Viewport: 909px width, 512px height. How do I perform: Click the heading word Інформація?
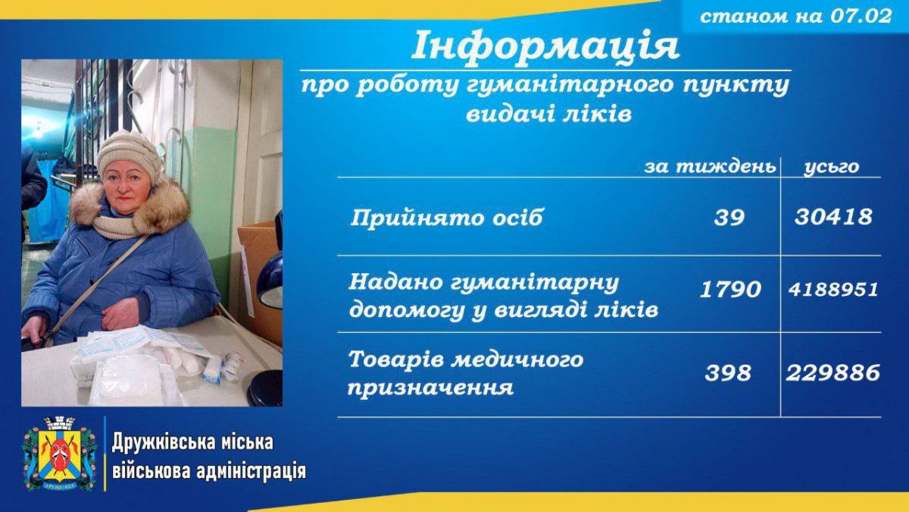click(x=545, y=46)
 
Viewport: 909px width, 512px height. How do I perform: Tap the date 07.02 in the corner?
click(x=861, y=16)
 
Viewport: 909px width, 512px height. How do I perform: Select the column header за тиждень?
click(x=711, y=167)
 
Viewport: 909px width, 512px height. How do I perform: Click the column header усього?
click(x=832, y=167)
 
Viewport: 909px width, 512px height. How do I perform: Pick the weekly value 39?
click(x=729, y=218)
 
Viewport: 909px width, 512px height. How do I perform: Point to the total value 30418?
click(x=833, y=217)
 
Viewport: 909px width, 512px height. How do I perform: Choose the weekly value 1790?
click(x=730, y=290)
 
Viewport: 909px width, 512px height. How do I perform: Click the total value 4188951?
click(x=833, y=290)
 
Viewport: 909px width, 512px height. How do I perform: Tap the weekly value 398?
click(x=728, y=373)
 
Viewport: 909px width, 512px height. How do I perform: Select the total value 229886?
click(x=833, y=373)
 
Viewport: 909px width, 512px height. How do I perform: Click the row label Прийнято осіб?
click(x=446, y=218)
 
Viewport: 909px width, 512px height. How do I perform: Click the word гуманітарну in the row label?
click(x=536, y=283)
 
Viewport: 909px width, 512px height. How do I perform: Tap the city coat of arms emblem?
click(x=60, y=453)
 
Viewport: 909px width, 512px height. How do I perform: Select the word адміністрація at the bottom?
click(x=251, y=471)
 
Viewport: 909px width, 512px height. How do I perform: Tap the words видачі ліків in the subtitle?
click(x=548, y=115)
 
